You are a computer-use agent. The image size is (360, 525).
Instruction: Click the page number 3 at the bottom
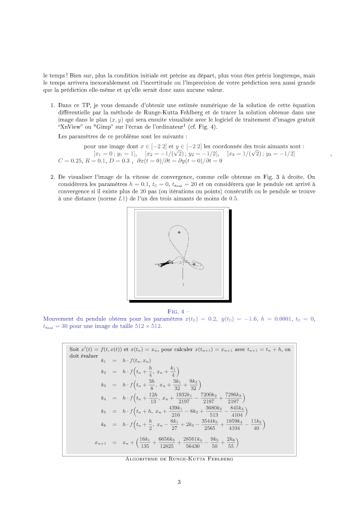coord(179,482)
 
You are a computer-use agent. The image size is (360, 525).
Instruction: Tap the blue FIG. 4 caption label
coord(179,312)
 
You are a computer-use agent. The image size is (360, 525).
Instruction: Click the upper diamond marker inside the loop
coord(179,232)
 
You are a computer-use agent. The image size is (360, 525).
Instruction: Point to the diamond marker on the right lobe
coord(194,265)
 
